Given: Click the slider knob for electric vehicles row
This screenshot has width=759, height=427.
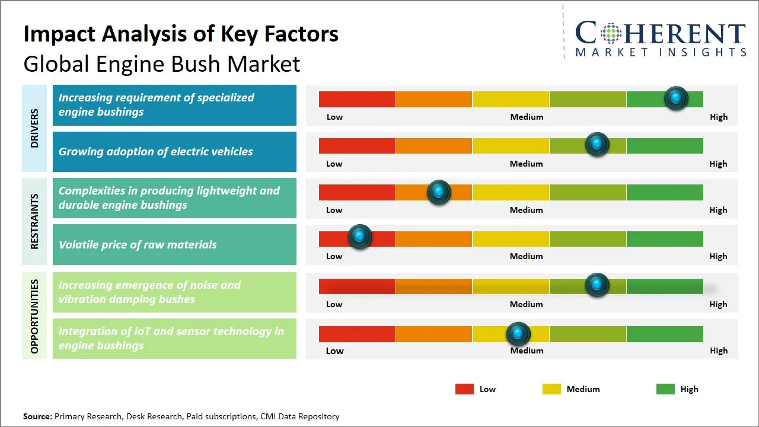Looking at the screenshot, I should pyautogui.click(x=597, y=144).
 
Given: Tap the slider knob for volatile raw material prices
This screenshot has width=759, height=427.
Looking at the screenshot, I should pyautogui.click(x=359, y=237).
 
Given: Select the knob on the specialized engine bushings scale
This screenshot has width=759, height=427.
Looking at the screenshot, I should pyautogui.click(x=676, y=98).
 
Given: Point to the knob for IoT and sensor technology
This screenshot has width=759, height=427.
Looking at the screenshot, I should pyautogui.click(x=518, y=334).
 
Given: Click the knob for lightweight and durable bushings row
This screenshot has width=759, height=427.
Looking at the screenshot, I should pyautogui.click(x=439, y=192).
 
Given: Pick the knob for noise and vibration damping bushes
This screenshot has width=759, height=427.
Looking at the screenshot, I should pyautogui.click(x=597, y=285).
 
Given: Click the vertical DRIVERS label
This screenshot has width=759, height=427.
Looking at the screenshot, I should pyautogui.click(x=34, y=128).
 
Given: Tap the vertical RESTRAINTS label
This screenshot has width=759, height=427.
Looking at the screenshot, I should pyautogui.click(x=34, y=221).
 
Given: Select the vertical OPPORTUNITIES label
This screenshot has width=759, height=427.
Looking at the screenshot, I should pyautogui.click(x=34, y=316).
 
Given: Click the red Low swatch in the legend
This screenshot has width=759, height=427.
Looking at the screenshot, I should pyautogui.click(x=464, y=389).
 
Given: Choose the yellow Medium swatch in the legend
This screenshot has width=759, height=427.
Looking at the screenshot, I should pyautogui.click(x=551, y=389).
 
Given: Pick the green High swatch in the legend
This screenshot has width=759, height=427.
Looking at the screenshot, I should pyautogui.click(x=665, y=389).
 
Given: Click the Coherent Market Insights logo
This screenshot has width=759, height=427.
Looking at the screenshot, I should pyautogui.click(x=661, y=39).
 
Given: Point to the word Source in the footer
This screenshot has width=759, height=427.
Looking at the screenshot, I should pyautogui.click(x=37, y=416).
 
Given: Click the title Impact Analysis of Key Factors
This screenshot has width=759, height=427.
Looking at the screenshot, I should pyautogui.click(x=181, y=34).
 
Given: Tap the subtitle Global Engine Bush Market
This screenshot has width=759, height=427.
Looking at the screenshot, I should pyautogui.click(x=161, y=63).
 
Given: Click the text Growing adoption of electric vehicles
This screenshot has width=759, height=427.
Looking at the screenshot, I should pyautogui.click(x=155, y=152).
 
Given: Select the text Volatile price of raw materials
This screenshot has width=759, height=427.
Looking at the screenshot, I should pyautogui.click(x=138, y=244).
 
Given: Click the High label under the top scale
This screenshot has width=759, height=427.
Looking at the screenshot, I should pyautogui.click(x=719, y=117).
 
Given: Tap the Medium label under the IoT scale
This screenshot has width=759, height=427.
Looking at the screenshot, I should pyautogui.click(x=527, y=350).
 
